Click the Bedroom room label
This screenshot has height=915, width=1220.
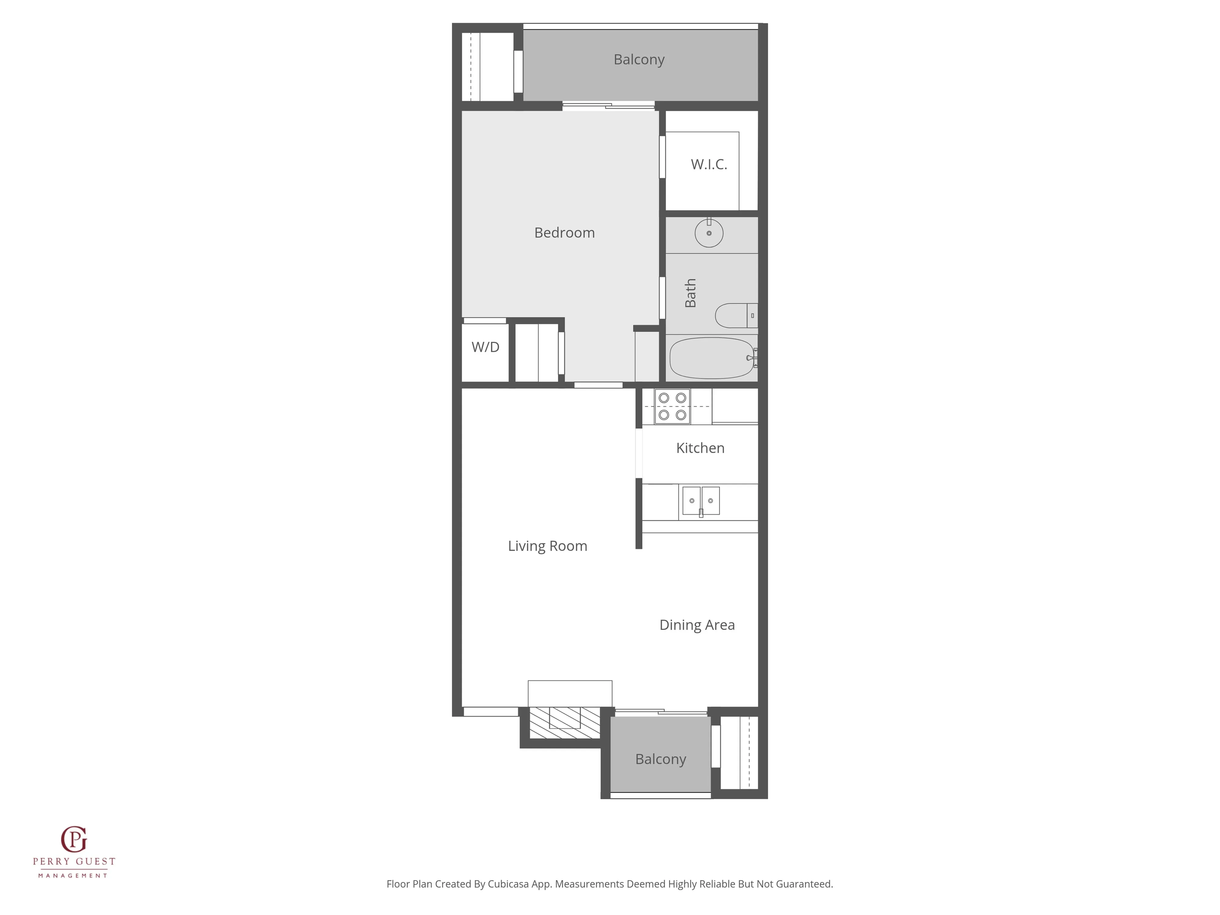pyautogui.click(x=564, y=233)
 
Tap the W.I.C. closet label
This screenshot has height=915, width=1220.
pyautogui.click(x=709, y=164)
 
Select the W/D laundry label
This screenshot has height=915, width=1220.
pyautogui.click(x=485, y=347)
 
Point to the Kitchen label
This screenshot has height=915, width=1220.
pyautogui.click(x=700, y=448)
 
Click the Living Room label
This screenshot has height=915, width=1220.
pyautogui.click(x=547, y=546)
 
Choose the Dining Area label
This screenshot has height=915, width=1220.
pyautogui.click(x=697, y=625)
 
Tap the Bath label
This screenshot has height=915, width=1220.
pyautogui.click(x=690, y=293)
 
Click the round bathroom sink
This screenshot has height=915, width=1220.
pyautogui.click(x=709, y=233)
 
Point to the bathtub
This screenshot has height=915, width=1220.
pyautogui.click(x=712, y=358)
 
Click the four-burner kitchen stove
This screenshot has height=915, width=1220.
pyautogui.click(x=672, y=407)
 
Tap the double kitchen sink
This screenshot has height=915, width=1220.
pyautogui.click(x=701, y=501)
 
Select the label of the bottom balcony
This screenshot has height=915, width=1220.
pyautogui.click(x=660, y=759)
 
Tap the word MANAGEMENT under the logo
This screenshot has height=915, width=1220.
pyautogui.click(x=73, y=875)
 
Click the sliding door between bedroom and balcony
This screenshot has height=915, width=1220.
pyautogui.click(x=608, y=105)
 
